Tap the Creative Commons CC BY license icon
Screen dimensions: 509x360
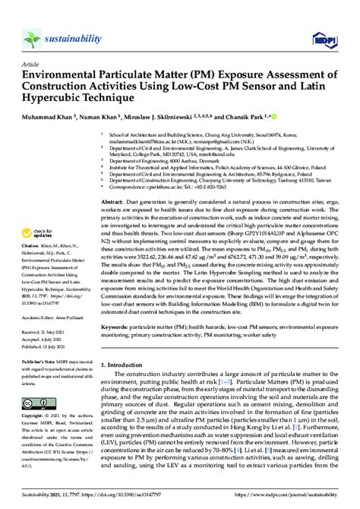tap(36, 380)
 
